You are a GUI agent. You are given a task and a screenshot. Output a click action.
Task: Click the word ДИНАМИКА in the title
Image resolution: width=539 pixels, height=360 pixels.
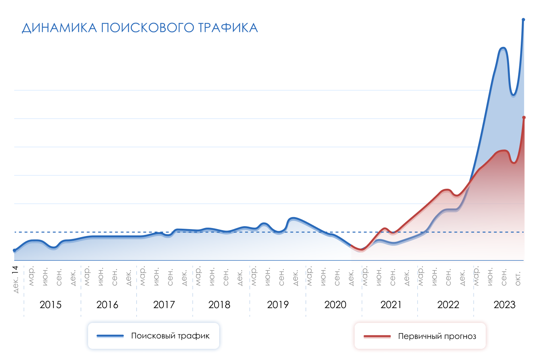pyautogui.click(x=59, y=28)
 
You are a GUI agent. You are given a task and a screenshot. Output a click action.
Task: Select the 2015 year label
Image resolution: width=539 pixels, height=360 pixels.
pyautogui.click(x=51, y=305)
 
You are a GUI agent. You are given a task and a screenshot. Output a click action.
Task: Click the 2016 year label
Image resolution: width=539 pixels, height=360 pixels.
pyautogui.click(x=107, y=305)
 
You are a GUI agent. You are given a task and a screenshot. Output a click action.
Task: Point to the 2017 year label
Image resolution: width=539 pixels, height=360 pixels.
pyautogui.click(x=164, y=305)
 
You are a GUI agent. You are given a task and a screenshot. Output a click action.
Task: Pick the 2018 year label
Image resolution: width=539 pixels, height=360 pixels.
pyautogui.click(x=219, y=305)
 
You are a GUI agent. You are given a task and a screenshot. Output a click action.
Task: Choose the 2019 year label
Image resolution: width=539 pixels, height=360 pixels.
pyautogui.click(x=278, y=305)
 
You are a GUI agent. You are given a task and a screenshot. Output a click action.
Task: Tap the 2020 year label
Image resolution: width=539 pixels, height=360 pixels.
pyautogui.click(x=335, y=305)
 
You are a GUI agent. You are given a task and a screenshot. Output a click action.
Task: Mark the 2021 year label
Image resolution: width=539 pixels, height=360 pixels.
pyautogui.click(x=391, y=305)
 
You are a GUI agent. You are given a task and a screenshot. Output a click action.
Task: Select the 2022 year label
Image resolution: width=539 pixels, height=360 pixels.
pyautogui.click(x=448, y=305)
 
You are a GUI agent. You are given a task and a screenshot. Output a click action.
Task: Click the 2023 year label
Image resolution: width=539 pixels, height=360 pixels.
pyautogui.click(x=504, y=305)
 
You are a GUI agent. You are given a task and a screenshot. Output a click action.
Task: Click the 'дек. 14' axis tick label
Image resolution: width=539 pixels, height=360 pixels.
pyautogui.click(x=15, y=279)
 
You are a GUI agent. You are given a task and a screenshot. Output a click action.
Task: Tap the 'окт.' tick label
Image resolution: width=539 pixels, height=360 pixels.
pyautogui.click(x=518, y=278)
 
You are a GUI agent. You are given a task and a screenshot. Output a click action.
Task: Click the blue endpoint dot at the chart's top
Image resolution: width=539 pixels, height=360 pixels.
pyautogui.click(x=523, y=20)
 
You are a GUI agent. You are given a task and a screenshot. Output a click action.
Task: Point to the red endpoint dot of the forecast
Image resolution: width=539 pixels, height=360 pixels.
pyautogui.click(x=524, y=117)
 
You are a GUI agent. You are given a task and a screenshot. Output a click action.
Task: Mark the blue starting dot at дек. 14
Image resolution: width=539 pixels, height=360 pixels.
pyautogui.click(x=15, y=250)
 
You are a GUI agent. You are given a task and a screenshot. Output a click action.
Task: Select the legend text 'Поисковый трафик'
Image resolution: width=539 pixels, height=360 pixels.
pyautogui.click(x=170, y=336)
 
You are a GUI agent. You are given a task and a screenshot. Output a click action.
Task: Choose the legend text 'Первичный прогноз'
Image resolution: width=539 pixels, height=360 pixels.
pyautogui.click(x=437, y=336)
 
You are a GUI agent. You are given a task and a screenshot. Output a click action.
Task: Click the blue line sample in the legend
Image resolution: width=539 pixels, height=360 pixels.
pyautogui.click(x=110, y=336)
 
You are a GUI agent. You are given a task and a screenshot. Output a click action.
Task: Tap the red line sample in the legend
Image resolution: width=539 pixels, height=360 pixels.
pyautogui.click(x=377, y=336)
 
